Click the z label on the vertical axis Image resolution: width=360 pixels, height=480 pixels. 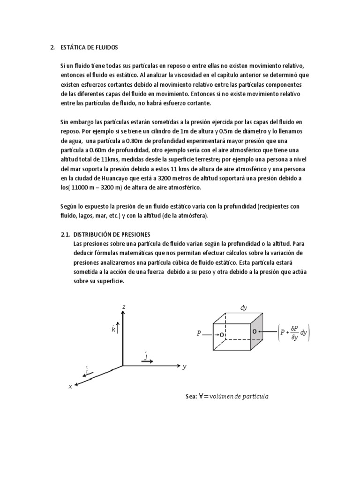(x=123, y=307)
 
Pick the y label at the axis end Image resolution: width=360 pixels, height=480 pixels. (x=184, y=367)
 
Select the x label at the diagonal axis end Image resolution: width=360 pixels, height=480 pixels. (x=70, y=386)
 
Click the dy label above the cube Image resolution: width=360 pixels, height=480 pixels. (x=244, y=308)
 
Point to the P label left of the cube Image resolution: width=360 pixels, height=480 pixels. (x=199, y=334)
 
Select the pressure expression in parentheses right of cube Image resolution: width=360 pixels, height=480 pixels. (x=294, y=334)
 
